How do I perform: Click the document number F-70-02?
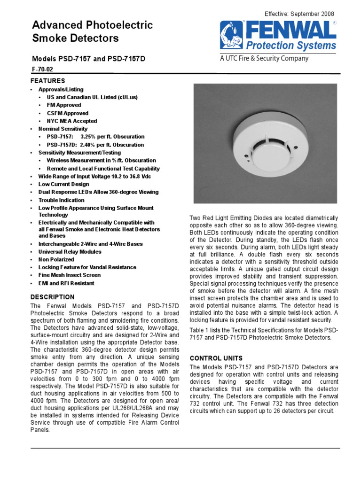41,69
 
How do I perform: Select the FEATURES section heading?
47,81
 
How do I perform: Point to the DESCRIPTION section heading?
52,297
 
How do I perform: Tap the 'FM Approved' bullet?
64,105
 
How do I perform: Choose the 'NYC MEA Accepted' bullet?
72,121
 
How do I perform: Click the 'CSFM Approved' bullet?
67,113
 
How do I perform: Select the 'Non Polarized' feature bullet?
56,259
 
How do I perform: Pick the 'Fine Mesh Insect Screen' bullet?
69,275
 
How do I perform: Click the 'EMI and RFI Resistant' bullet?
66,283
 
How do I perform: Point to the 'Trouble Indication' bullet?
62,200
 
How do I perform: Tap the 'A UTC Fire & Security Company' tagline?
265,59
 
